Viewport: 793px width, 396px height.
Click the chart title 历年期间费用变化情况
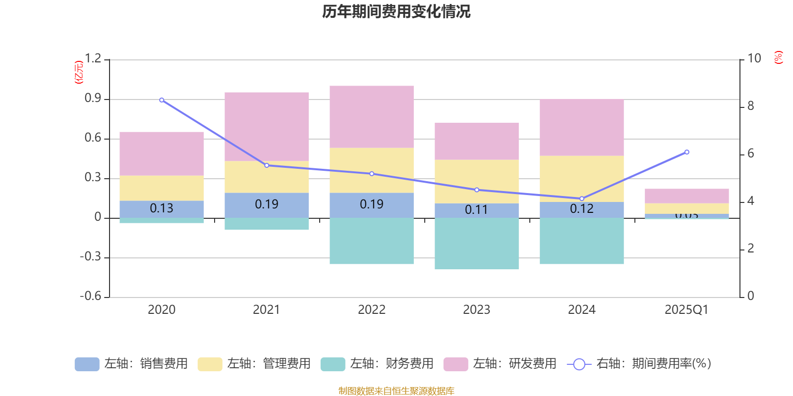tap(396, 11)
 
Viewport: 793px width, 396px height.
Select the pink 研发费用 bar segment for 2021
tap(267, 126)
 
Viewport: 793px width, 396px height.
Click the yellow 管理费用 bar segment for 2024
tap(582, 179)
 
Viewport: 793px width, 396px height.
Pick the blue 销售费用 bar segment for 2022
tap(372, 205)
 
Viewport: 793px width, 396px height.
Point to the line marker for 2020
tap(162, 100)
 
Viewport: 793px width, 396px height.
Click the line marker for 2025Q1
tap(686, 152)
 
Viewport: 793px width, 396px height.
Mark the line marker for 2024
tap(582, 198)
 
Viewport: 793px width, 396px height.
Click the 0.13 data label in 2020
tap(162, 208)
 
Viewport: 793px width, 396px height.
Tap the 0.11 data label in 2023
tap(476, 210)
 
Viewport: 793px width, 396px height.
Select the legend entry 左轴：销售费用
tap(131, 364)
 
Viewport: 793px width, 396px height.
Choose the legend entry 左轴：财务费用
tap(377, 364)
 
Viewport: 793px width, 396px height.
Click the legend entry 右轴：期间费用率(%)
tap(639, 364)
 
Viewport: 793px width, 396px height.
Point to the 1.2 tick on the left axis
tap(93, 59)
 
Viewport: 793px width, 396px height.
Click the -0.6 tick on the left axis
tap(90, 296)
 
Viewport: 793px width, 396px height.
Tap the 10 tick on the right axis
tap(754, 58)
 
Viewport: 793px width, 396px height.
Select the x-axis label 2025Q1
tap(686, 310)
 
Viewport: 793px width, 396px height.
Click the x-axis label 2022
tap(372, 310)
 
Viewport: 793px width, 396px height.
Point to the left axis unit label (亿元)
tap(79, 72)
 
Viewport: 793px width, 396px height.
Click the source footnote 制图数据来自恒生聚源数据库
tap(396, 391)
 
